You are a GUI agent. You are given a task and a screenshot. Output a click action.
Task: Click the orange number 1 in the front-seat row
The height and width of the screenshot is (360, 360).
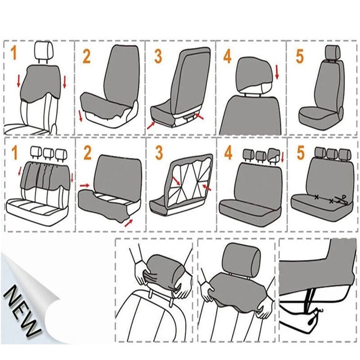point(14,53)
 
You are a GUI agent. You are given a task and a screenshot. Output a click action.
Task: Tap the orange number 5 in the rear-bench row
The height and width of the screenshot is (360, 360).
point(301,153)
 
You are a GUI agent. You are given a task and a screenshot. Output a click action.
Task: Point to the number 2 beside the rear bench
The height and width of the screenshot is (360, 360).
point(87,153)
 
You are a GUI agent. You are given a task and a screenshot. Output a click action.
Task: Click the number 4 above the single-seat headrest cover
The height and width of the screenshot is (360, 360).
point(227,57)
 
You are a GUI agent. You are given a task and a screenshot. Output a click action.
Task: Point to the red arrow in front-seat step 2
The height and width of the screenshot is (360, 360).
point(80,116)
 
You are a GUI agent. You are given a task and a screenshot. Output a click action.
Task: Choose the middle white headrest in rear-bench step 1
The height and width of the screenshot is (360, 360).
point(48,153)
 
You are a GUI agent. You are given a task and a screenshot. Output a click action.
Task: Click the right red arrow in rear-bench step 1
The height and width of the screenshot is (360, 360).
point(72,177)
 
